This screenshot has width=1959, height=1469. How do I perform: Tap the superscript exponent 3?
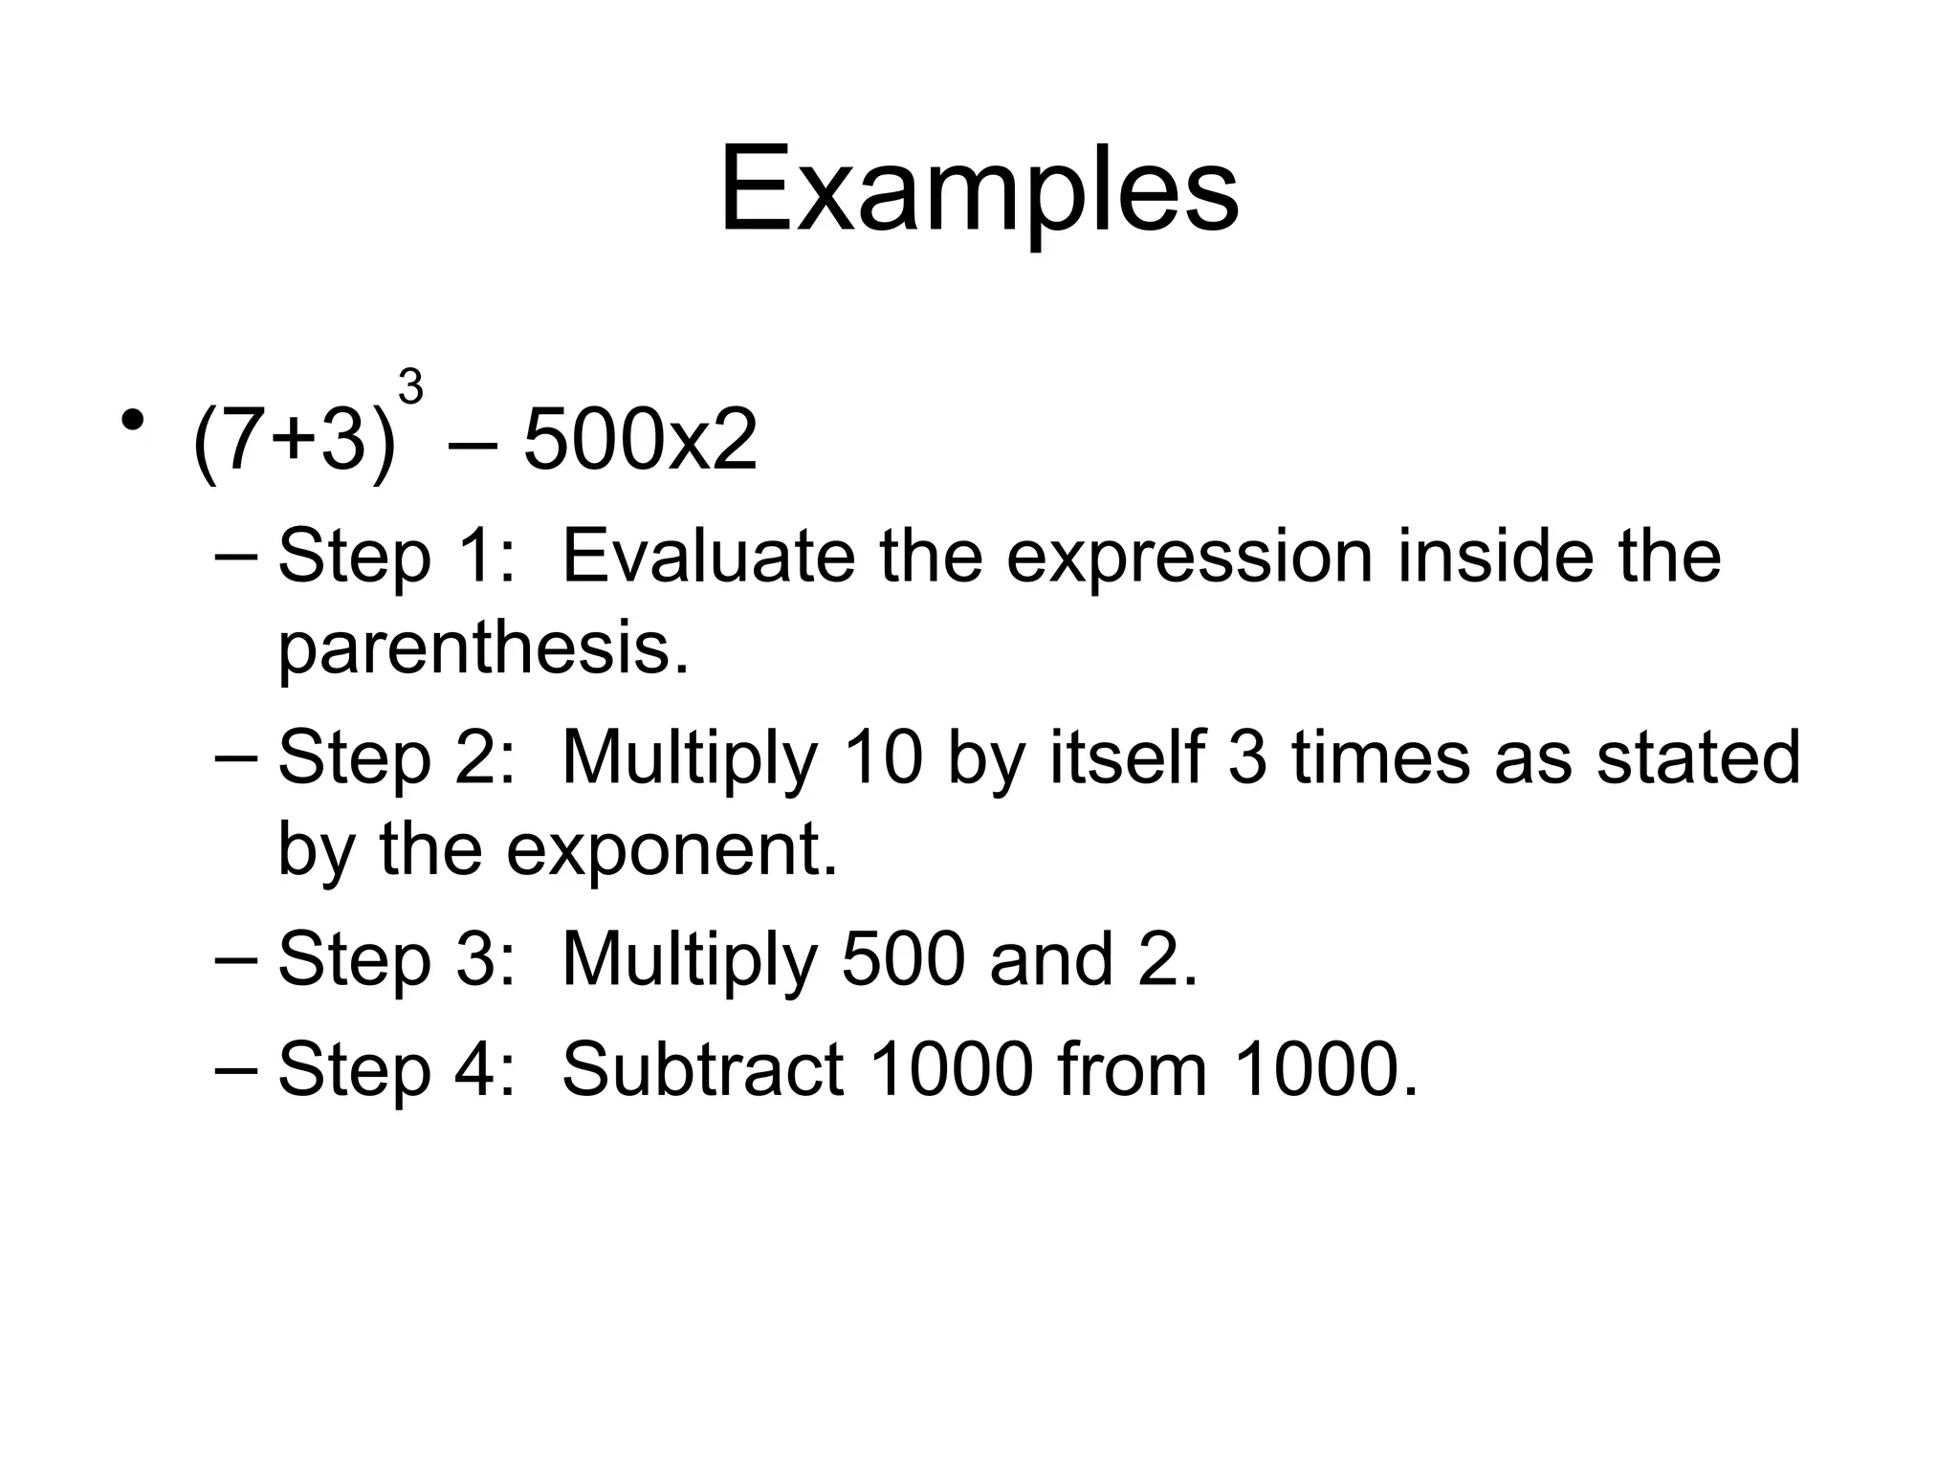[x=410, y=388]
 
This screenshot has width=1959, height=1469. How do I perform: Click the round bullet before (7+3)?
[x=133, y=420]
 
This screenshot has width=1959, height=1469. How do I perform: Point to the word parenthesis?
[x=482, y=649]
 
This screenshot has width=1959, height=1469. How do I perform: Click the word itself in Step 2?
[x=1127, y=757]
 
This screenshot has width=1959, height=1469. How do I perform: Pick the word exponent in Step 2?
[x=671, y=851]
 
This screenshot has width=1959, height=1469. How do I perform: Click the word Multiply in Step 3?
[x=690, y=961]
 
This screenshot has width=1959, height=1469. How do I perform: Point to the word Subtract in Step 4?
[x=702, y=1069]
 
